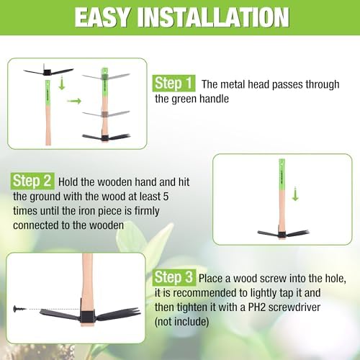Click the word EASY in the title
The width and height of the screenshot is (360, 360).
point(102,17)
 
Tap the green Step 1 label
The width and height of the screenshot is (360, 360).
point(174,84)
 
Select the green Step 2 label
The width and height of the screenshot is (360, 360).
point(32,181)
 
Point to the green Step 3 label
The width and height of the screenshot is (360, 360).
point(174,277)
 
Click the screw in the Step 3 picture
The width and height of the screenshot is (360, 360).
point(18,309)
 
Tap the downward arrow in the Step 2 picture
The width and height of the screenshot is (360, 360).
point(295,194)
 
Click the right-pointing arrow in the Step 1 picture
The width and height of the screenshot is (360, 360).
point(74,101)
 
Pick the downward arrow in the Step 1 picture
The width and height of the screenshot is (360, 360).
point(62,83)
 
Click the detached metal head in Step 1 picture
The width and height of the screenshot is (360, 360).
point(48,71)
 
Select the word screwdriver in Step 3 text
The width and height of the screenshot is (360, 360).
point(294,307)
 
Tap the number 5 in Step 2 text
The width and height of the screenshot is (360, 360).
point(166,197)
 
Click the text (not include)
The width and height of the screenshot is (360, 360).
point(181,322)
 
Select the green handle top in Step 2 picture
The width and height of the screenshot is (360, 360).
point(282,174)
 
